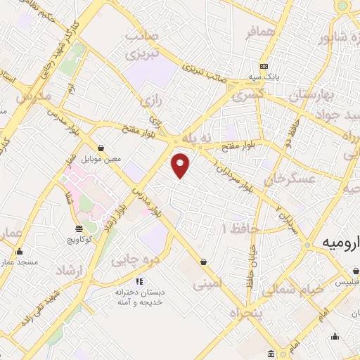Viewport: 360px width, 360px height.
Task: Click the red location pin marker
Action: coord(181,165)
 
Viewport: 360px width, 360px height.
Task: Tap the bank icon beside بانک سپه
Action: coord(264,65)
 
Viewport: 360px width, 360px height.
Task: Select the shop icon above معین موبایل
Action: coord(103,148)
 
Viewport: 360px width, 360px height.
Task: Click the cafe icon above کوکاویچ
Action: coord(78,228)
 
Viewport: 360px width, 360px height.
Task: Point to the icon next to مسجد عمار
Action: coord(19,252)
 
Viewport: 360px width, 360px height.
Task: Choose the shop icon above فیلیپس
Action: coord(356,271)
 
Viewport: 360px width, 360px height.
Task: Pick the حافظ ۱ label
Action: coord(241,229)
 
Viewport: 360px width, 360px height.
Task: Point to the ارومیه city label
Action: coord(340,241)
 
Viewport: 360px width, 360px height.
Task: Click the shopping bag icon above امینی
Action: coord(203,262)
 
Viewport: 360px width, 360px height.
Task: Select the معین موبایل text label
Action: coord(101,159)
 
